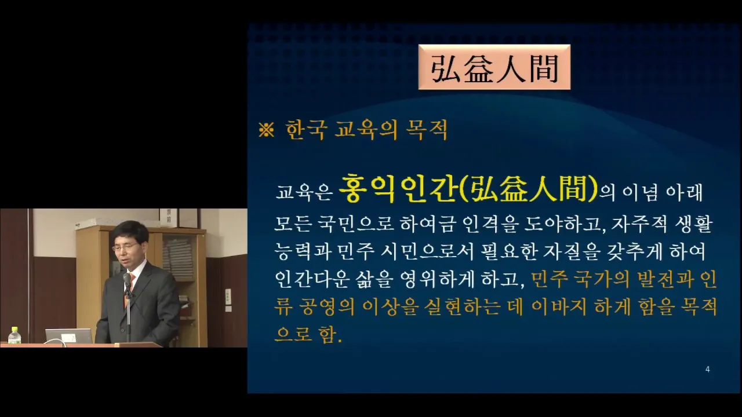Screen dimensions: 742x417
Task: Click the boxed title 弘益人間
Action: [494, 68]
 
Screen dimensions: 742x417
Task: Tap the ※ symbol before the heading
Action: [266, 130]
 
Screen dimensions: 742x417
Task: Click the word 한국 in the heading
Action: [307, 130]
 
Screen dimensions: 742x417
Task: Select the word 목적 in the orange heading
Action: [427, 130]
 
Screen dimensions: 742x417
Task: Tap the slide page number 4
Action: [708, 370]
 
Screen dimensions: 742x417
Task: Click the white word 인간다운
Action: [312, 280]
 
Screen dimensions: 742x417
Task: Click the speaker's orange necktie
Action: [130, 288]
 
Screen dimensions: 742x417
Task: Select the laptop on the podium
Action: [69, 336]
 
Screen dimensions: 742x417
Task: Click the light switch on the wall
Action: [228, 296]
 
